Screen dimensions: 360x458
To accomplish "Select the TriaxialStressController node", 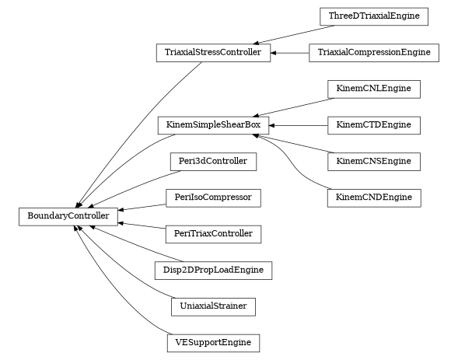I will coord(213,53).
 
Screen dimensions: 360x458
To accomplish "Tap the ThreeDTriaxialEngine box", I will coord(374,16).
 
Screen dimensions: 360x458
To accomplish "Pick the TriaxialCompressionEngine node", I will coord(374,53).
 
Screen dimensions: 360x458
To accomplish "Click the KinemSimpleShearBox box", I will coord(213,125).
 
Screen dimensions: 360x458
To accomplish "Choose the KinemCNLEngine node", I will coord(374,89).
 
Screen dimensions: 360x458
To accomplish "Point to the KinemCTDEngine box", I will coord(374,125).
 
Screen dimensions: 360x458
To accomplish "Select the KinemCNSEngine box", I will coord(374,162).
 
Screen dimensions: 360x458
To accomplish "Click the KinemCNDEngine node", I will coord(374,197).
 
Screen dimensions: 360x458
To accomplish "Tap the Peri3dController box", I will coord(213,162).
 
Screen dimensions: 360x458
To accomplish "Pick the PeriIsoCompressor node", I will coord(213,197).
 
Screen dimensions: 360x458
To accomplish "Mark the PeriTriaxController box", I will coord(213,234).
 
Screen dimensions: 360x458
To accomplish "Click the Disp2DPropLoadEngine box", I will coord(213,271).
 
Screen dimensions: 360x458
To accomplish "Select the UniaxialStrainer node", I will coord(213,306).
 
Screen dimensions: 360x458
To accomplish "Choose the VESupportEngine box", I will coord(213,343).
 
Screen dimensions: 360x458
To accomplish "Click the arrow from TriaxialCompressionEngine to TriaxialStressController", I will coord(289,53).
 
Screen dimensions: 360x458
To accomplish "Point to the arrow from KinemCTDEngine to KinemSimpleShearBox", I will coord(299,125).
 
